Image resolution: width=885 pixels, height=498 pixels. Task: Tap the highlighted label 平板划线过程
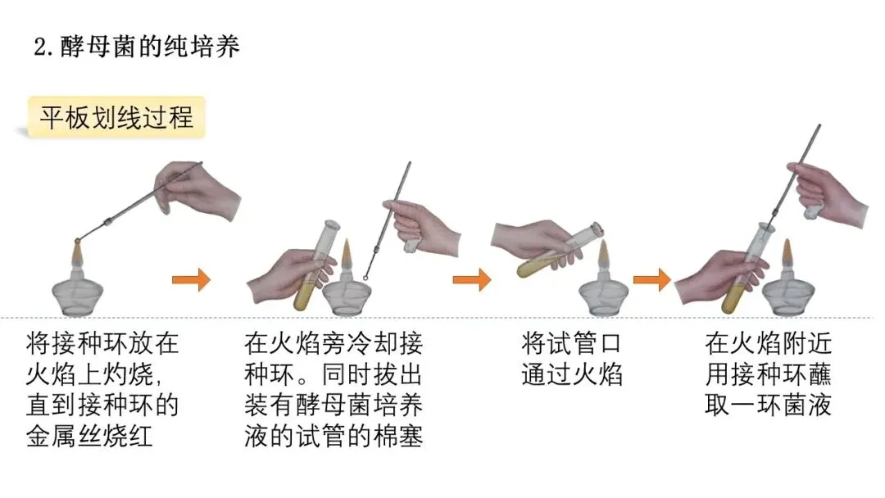(x=116, y=117)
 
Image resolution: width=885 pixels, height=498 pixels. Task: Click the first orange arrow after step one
(x=191, y=280)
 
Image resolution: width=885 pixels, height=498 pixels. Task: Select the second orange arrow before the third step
(x=471, y=280)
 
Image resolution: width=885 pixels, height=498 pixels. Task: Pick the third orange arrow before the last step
(x=651, y=280)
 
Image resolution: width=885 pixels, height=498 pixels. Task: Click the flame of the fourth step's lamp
(x=787, y=256)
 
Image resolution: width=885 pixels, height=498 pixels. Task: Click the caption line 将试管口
(x=571, y=342)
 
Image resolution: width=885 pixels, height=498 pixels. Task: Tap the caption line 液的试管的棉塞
(x=333, y=436)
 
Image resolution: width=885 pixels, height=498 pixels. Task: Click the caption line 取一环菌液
(x=768, y=405)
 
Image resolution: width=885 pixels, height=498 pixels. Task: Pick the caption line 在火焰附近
(x=768, y=342)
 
